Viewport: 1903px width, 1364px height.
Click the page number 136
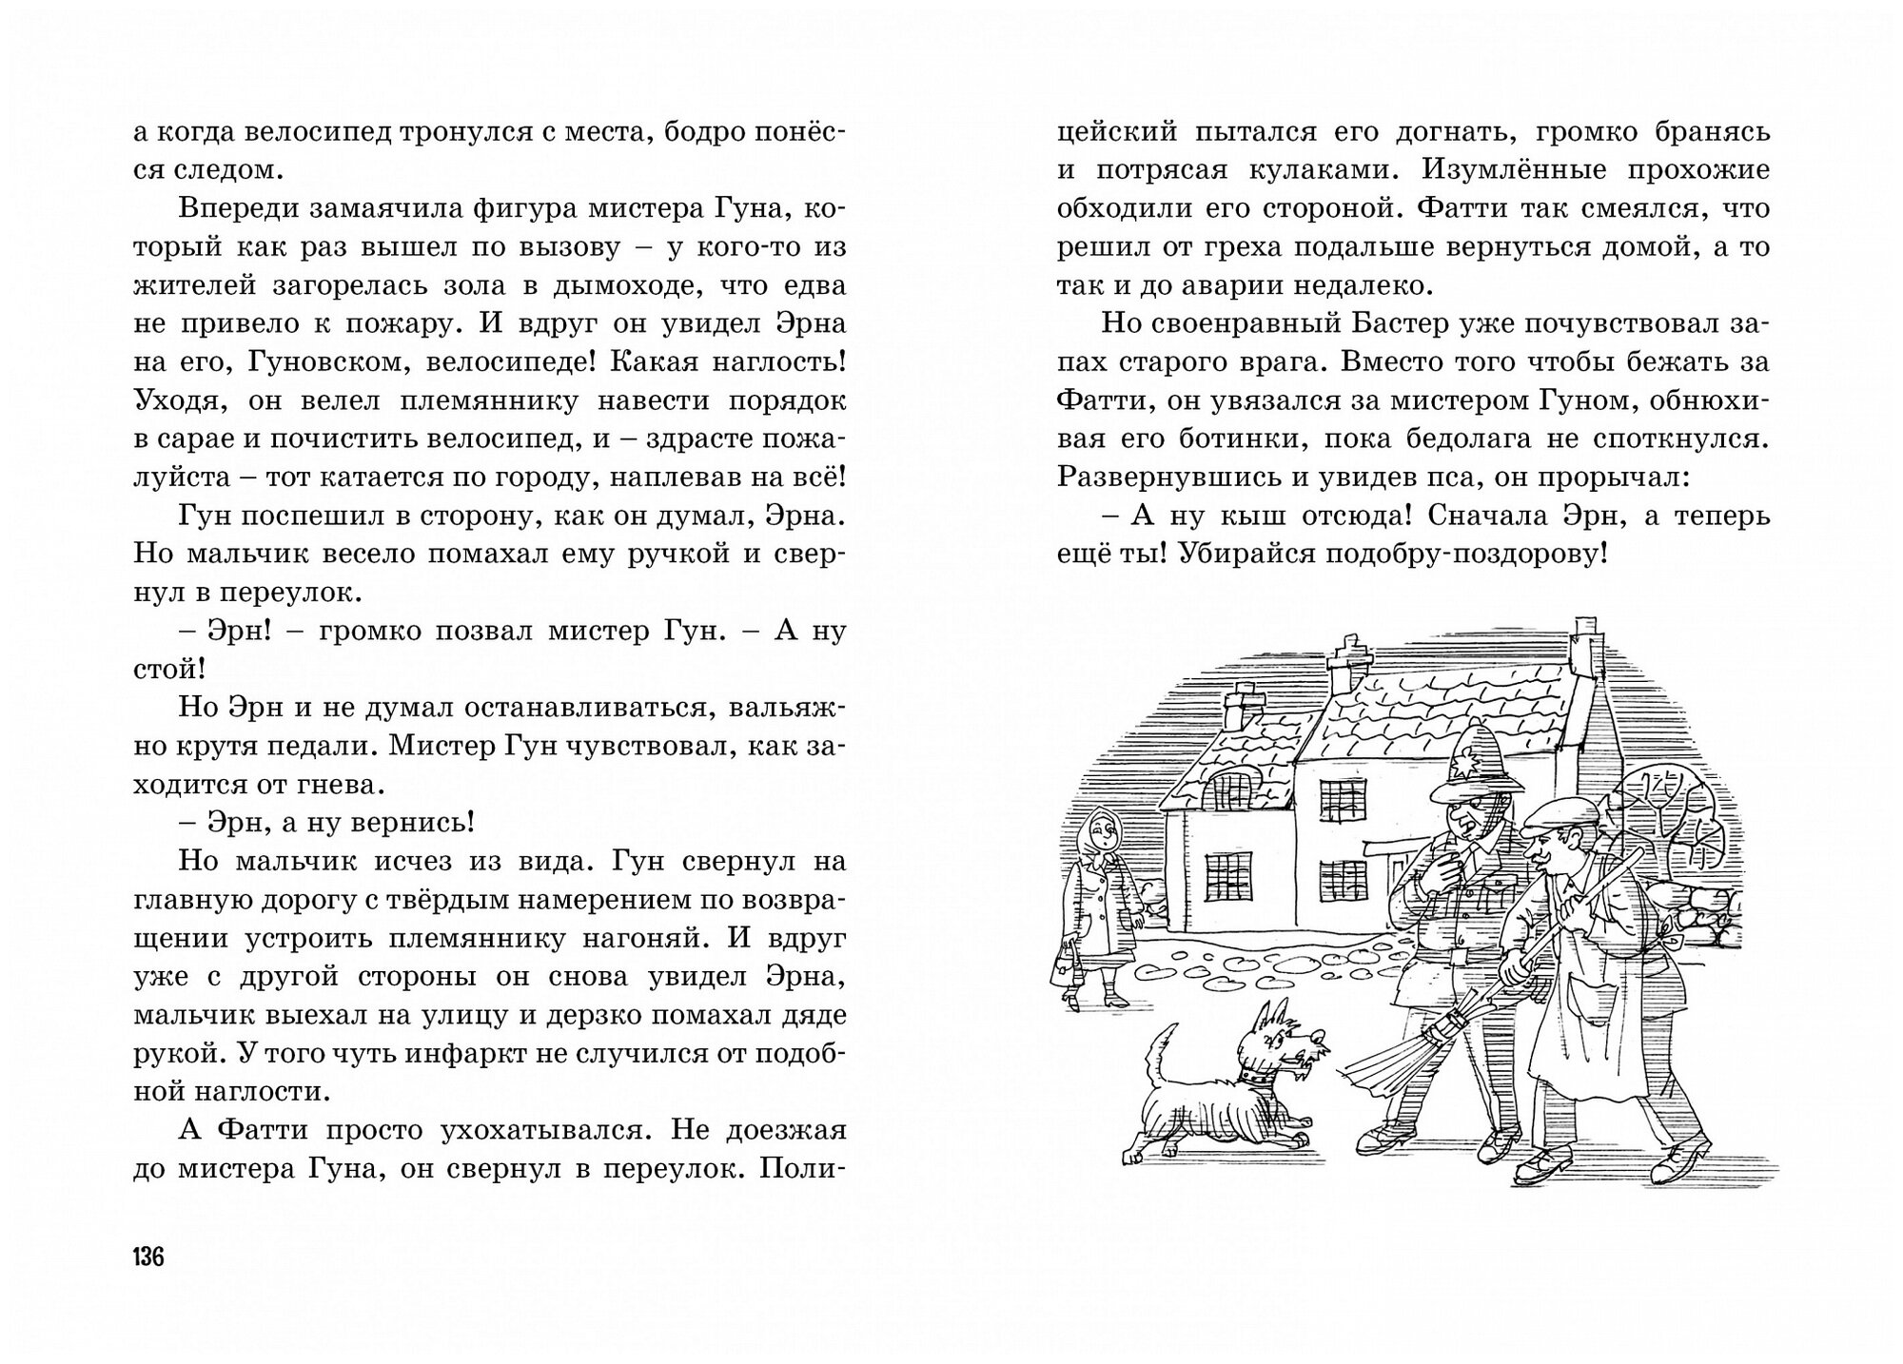click(148, 1257)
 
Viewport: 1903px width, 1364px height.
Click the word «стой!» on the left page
click(169, 670)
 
